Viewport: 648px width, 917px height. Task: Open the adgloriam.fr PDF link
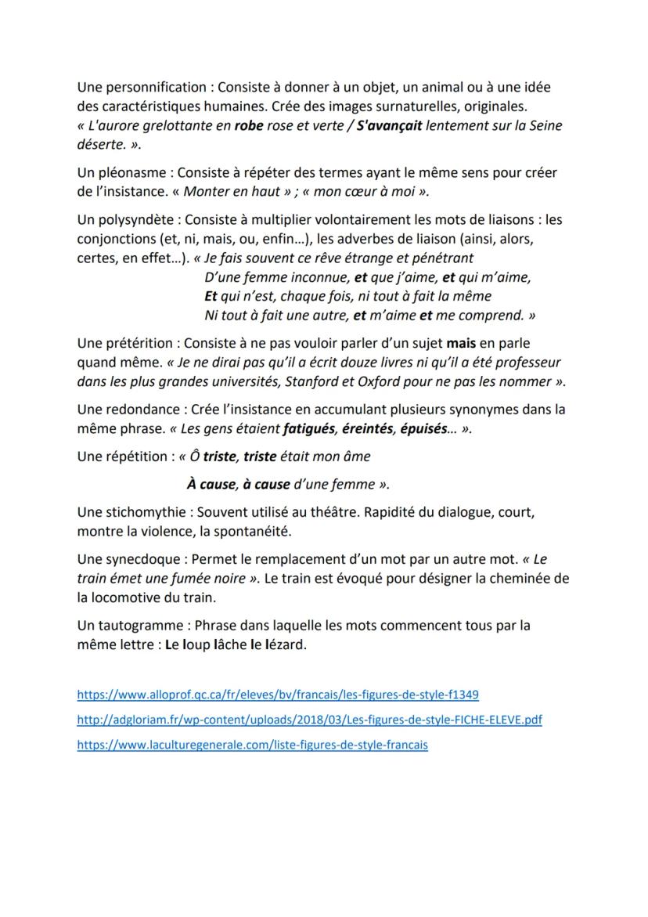click(x=309, y=719)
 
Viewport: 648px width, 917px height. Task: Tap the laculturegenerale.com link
click(x=252, y=745)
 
